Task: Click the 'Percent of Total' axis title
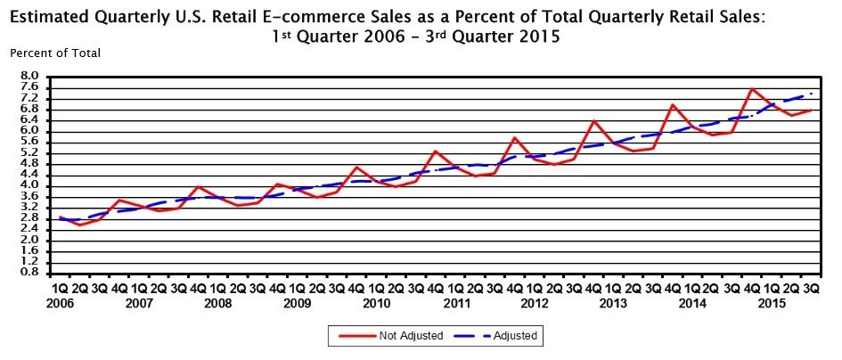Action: (55, 53)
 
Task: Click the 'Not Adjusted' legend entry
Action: (395, 336)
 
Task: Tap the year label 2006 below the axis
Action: (61, 304)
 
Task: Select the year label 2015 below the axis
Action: (772, 304)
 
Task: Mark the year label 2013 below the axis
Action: (614, 304)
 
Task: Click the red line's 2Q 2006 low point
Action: (80, 225)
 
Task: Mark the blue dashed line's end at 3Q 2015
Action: (811, 94)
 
